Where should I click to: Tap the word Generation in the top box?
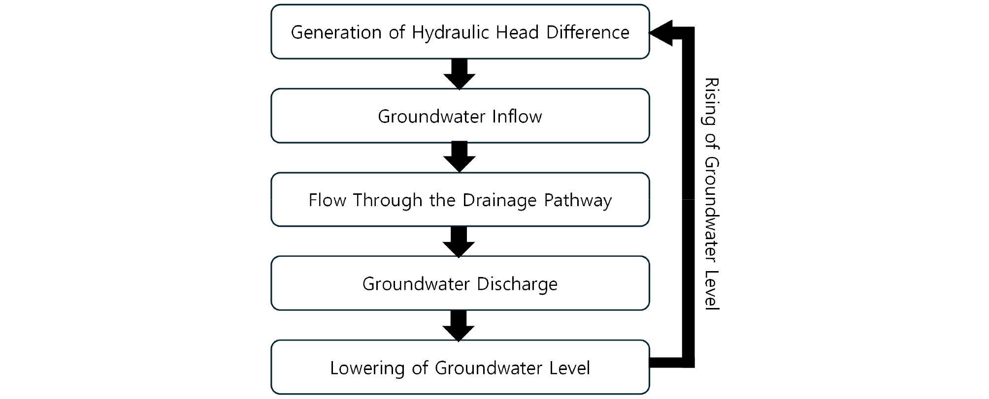pos(336,32)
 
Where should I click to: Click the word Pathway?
pos(578,201)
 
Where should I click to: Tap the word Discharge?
pos(517,284)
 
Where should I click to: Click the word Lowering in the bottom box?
pos(367,368)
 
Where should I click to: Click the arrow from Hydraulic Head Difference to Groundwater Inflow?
pos(460,74)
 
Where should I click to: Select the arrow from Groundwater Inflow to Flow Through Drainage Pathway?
pos(460,157)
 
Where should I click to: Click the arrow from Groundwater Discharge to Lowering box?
pos(459,326)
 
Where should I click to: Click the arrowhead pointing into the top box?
pos(661,33)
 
